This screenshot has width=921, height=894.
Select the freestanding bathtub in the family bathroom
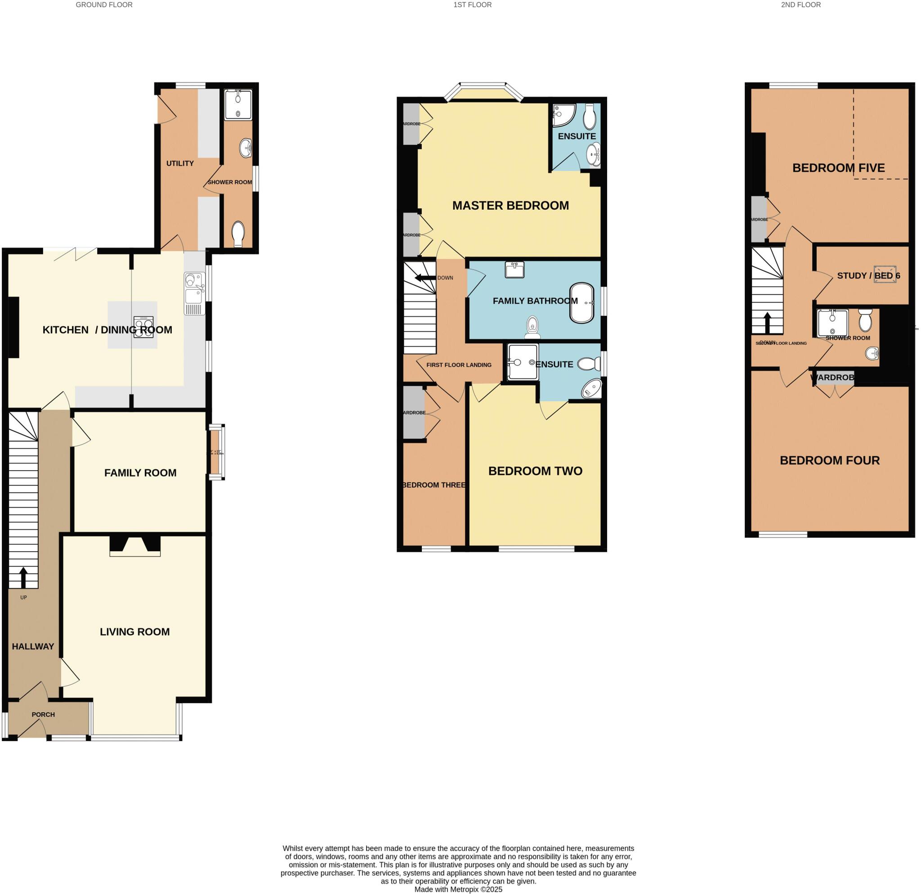(582, 303)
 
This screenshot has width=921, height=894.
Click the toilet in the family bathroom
(532, 327)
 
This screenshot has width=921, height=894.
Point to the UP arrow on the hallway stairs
(23, 577)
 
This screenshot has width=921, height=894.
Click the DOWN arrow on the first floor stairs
(425, 278)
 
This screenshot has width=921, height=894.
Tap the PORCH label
(43, 714)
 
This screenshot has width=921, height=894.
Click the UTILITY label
(180, 163)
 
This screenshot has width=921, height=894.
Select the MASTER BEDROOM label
(510, 206)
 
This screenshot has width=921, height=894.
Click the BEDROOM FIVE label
(838, 168)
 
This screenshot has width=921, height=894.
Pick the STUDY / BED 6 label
(868, 275)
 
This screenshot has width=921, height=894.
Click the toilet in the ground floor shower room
(238, 234)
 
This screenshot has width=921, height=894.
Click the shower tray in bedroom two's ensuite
(523, 362)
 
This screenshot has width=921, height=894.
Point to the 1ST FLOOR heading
(472, 4)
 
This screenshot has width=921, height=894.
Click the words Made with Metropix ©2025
(458, 890)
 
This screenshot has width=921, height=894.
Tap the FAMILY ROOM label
(140, 473)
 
